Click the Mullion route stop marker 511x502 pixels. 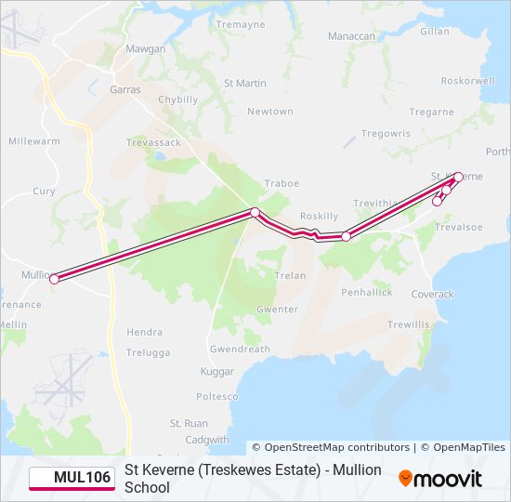coord(54,279)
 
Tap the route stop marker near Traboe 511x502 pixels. coord(255,213)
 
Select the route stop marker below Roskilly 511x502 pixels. coord(346,236)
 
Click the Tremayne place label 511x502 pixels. coord(241,24)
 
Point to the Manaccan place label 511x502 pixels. coord(351,36)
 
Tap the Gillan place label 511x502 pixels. coord(434,31)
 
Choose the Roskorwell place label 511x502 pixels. coord(469,81)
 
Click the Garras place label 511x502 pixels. coord(124,90)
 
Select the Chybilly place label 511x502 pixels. coord(178,99)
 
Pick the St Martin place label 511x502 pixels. coord(245,83)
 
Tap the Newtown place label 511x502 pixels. coord(269,112)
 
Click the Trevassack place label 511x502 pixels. coord(154,142)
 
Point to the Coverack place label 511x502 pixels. coord(433,294)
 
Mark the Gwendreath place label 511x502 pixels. coord(240,350)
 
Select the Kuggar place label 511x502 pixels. coord(218,371)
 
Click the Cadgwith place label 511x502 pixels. coord(207,440)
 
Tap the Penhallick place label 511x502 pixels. coord(366,292)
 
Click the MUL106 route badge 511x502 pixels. coord(71,478)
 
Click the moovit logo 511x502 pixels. coord(440,479)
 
